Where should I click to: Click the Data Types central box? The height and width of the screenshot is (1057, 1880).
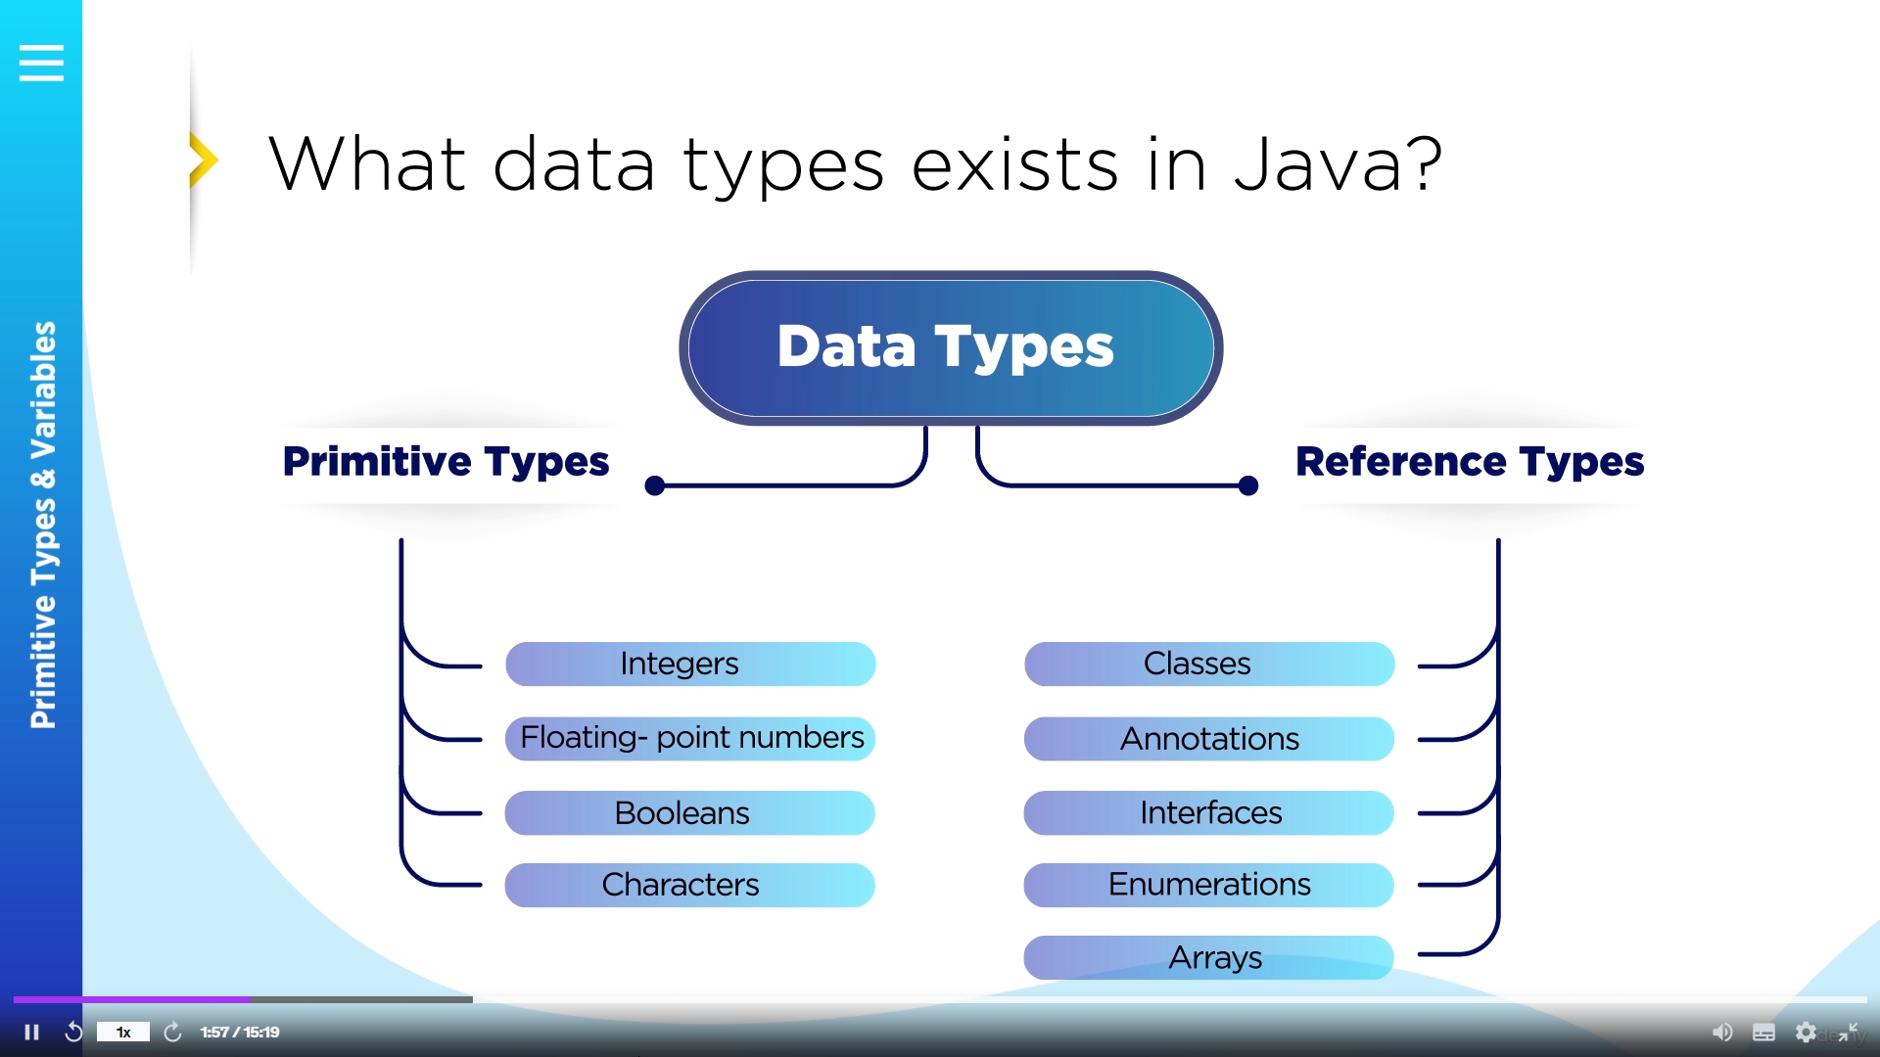950,347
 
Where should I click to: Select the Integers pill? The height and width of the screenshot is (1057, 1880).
690,664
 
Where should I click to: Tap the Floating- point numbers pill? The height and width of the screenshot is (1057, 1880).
690,738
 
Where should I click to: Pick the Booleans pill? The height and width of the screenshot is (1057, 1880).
690,812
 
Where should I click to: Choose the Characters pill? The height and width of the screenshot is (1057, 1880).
690,885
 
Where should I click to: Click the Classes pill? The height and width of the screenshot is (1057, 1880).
1209,664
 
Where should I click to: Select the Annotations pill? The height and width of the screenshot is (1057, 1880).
1209,738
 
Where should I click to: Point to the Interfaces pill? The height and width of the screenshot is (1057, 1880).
1209,812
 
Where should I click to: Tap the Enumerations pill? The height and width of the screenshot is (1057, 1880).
1209,885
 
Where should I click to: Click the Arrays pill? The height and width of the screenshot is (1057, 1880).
1209,957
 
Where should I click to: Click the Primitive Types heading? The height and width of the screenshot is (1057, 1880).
446,462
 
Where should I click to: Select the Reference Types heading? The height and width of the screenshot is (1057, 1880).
1470,462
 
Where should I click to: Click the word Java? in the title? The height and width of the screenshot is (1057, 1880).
1338,163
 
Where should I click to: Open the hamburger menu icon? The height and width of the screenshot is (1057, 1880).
41,63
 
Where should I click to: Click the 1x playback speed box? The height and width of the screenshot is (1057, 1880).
123,1032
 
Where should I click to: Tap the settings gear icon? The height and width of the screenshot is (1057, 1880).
1806,1032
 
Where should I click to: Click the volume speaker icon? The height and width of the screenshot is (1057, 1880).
1721,1032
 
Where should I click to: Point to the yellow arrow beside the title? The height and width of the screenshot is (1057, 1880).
204,160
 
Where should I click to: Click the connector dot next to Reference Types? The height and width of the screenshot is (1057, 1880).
1248,485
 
